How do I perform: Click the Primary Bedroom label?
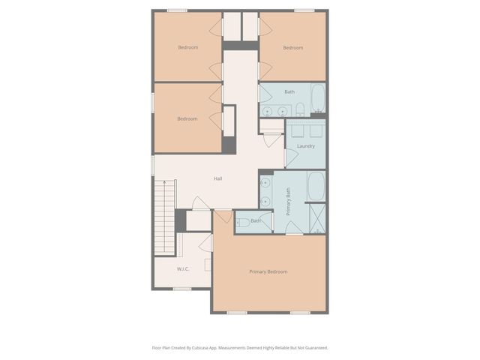(x=268, y=271)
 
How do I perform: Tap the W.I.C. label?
(x=183, y=268)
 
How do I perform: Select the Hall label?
(x=217, y=178)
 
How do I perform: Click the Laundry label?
(x=305, y=145)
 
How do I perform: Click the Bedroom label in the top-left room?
(x=187, y=48)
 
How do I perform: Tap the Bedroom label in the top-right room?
(x=292, y=48)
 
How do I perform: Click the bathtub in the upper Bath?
(x=317, y=99)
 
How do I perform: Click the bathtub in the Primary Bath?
(x=316, y=187)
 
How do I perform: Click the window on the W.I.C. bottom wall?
(x=182, y=289)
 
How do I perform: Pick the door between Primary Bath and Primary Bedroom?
(x=295, y=228)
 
